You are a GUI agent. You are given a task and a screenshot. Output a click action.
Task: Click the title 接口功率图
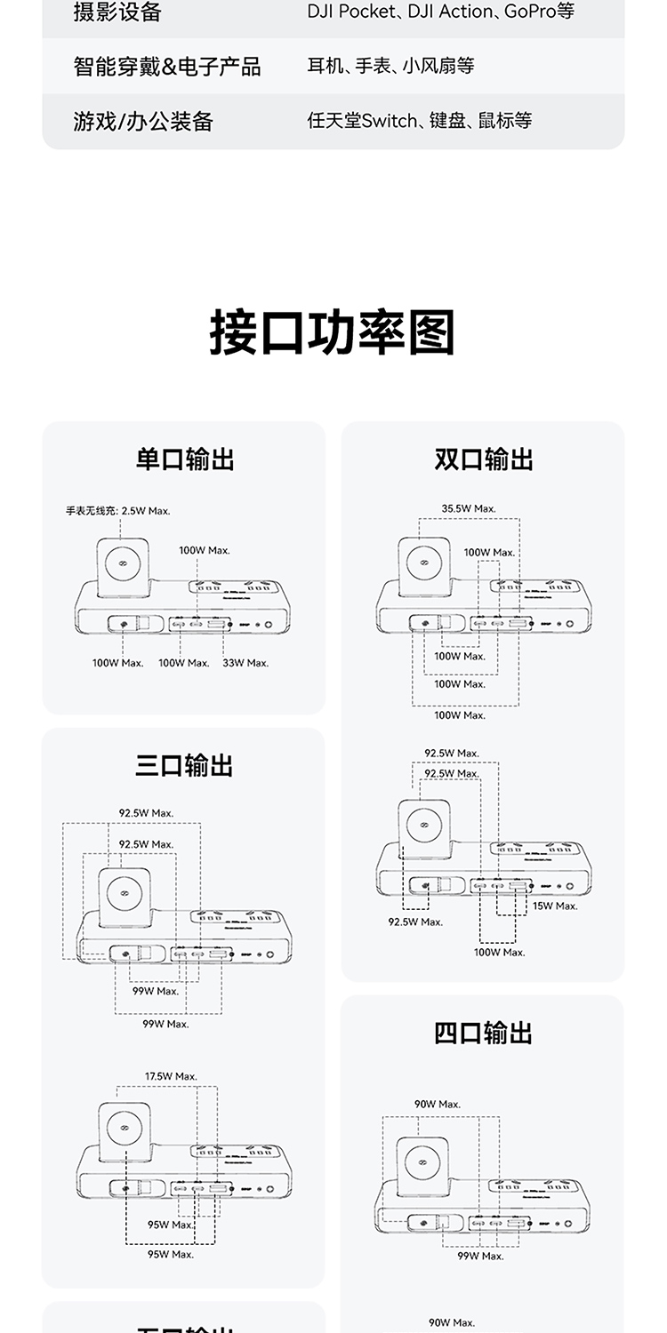pos(333,333)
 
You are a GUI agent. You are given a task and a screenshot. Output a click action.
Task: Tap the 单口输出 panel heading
pos(185,459)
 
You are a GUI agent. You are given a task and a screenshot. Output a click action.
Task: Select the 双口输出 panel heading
pos(484,459)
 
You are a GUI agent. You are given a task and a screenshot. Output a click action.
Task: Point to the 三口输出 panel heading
pos(185,765)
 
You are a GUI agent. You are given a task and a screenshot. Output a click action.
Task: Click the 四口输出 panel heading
pos(484,1034)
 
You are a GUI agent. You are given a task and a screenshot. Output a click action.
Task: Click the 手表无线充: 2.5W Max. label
pos(117,511)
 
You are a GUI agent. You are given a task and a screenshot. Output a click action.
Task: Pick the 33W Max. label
pos(245,663)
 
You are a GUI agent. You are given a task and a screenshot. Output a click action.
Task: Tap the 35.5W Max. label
pos(469,508)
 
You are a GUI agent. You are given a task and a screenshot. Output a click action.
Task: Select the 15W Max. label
pos(555,906)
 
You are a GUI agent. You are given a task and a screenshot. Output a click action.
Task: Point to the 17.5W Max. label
pos(171,1076)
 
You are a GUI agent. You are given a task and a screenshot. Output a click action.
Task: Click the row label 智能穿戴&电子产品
pos(167,67)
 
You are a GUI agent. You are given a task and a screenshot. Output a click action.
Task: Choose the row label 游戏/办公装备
pos(143,121)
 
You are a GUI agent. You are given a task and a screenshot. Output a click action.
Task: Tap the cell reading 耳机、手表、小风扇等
pos(390,66)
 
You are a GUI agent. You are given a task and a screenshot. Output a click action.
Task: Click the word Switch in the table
pos(389,121)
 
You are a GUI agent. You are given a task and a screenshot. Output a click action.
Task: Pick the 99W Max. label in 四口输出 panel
pos(480,1256)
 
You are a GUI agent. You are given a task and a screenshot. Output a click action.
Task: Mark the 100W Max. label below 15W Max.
pos(499,952)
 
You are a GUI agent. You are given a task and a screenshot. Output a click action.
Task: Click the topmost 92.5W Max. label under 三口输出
pos(147,813)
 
